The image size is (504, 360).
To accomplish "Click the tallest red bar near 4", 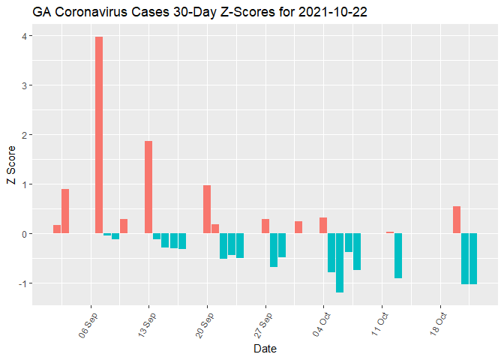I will click(x=99, y=135).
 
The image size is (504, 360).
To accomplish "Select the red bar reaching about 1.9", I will click(x=148, y=187).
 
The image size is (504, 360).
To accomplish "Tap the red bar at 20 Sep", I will click(x=207, y=209).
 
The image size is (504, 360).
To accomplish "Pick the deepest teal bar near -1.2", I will click(x=340, y=262).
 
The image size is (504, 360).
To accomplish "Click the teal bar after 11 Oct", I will click(x=398, y=256).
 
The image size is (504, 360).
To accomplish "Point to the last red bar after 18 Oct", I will click(x=457, y=220).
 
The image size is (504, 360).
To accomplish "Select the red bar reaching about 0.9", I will click(x=65, y=211).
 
